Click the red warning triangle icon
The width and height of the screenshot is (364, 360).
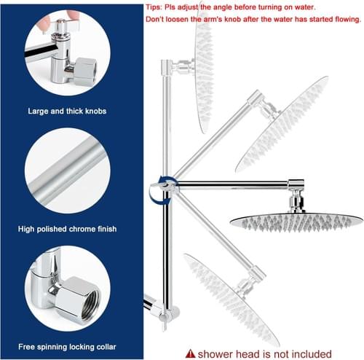click(190, 353)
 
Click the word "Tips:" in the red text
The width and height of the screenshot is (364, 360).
click(154, 7)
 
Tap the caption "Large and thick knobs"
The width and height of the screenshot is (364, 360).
click(67, 111)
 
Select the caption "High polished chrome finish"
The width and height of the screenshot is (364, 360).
click(67, 229)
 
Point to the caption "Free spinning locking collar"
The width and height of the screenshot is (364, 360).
click(67, 347)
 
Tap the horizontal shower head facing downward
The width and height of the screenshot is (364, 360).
click(296, 222)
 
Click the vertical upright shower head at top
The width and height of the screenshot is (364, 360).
click(204, 73)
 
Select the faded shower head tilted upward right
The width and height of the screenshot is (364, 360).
click(282, 124)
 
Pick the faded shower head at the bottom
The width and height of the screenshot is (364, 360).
click(231, 300)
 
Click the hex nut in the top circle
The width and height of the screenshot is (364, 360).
click(85, 71)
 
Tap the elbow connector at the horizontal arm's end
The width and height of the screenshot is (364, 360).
click(296, 184)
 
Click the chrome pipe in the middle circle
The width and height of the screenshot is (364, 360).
click(67, 170)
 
